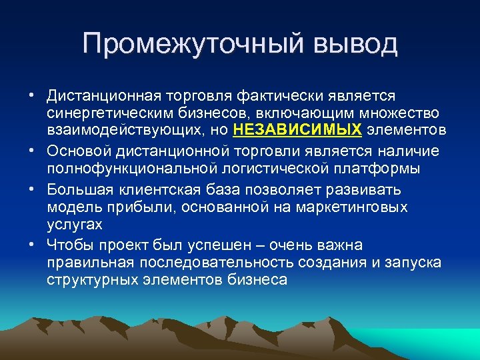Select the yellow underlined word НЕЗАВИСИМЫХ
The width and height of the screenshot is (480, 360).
(298, 129)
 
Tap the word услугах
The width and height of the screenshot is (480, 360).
(75, 225)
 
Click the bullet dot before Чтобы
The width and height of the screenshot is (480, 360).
(32, 245)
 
